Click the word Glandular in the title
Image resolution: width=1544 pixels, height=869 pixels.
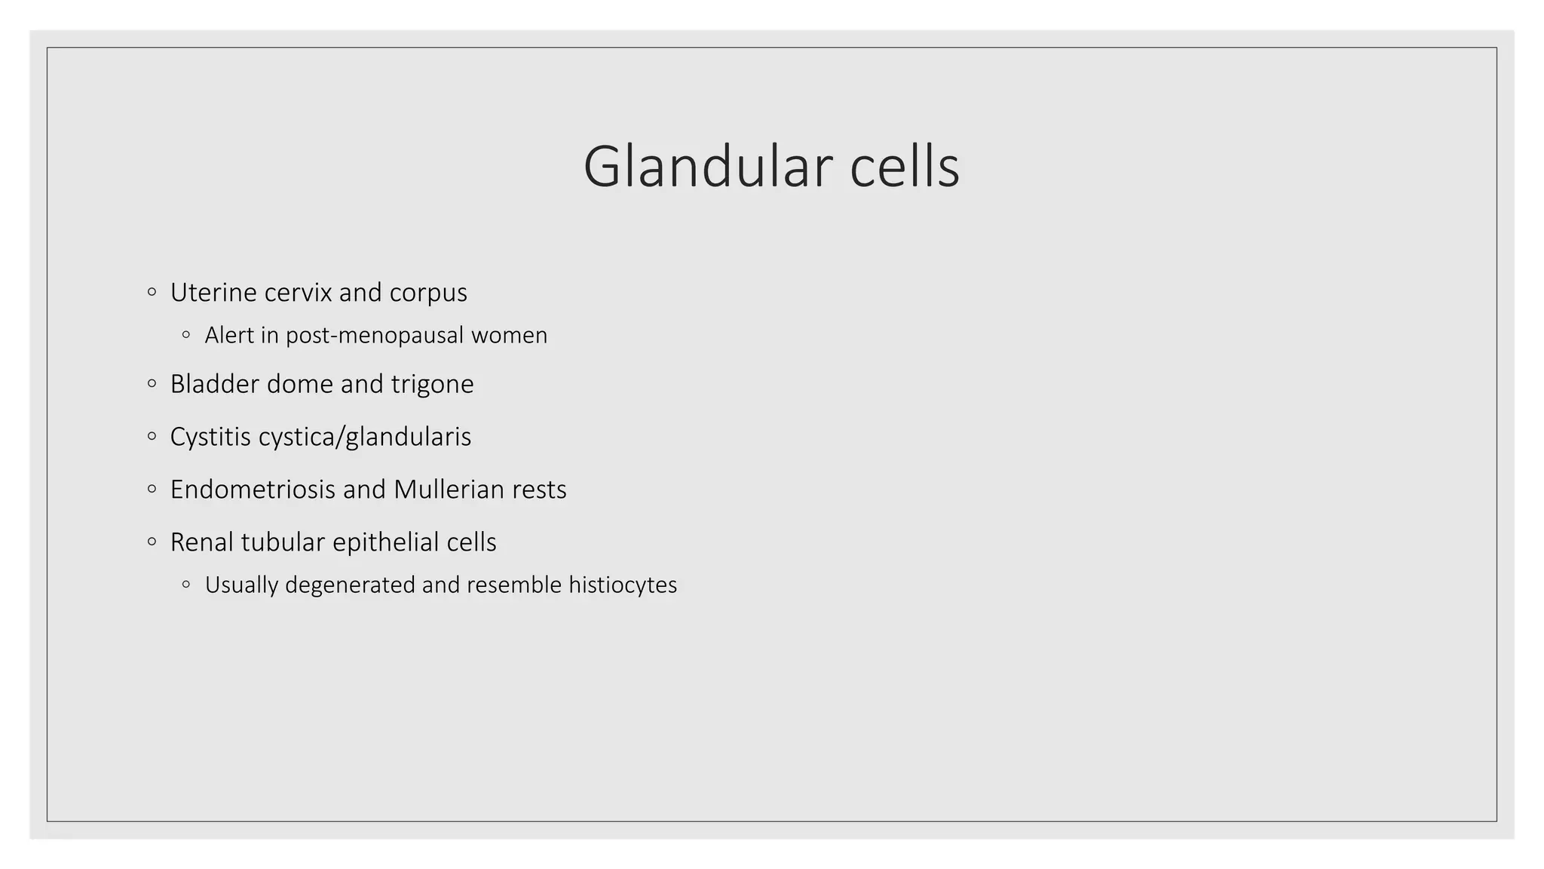(x=707, y=167)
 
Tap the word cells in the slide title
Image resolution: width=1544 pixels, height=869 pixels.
(x=905, y=167)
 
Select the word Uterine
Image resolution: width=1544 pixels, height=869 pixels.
(x=213, y=293)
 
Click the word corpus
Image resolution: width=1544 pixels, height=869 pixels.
(x=428, y=293)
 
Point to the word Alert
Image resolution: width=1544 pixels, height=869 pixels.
(x=229, y=335)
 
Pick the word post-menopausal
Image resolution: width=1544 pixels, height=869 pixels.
(x=375, y=336)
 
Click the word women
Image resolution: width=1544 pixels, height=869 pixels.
(x=510, y=335)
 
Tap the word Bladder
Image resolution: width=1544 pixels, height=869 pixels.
(x=215, y=384)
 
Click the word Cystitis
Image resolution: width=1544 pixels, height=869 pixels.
(x=210, y=437)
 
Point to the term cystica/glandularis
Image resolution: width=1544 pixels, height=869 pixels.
(x=365, y=438)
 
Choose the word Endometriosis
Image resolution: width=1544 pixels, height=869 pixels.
(x=253, y=490)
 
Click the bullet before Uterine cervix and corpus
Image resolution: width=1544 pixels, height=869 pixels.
(x=152, y=292)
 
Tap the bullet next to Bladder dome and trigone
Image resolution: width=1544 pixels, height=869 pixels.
(x=152, y=384)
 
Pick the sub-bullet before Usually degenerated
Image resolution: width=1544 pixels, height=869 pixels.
(x=186, y=585)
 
